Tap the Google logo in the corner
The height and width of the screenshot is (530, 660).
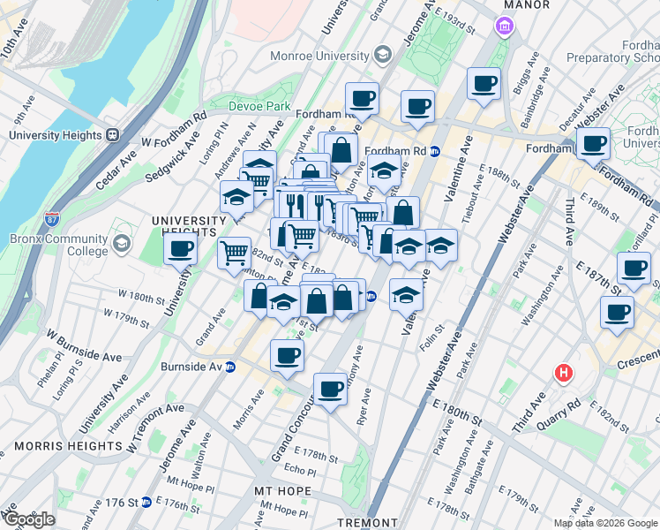click(28, 519)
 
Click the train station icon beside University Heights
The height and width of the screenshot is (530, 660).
click(112, 135)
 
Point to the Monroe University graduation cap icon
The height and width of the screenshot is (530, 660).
click(381, 55)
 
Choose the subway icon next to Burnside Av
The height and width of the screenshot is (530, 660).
click(230, 367)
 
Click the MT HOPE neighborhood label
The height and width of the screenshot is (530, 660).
click(282, 490)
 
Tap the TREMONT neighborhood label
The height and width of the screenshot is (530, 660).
click(367, 523)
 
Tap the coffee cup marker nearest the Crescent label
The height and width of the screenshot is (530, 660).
click(617, 311)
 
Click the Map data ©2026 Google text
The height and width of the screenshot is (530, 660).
click(604, 523)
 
